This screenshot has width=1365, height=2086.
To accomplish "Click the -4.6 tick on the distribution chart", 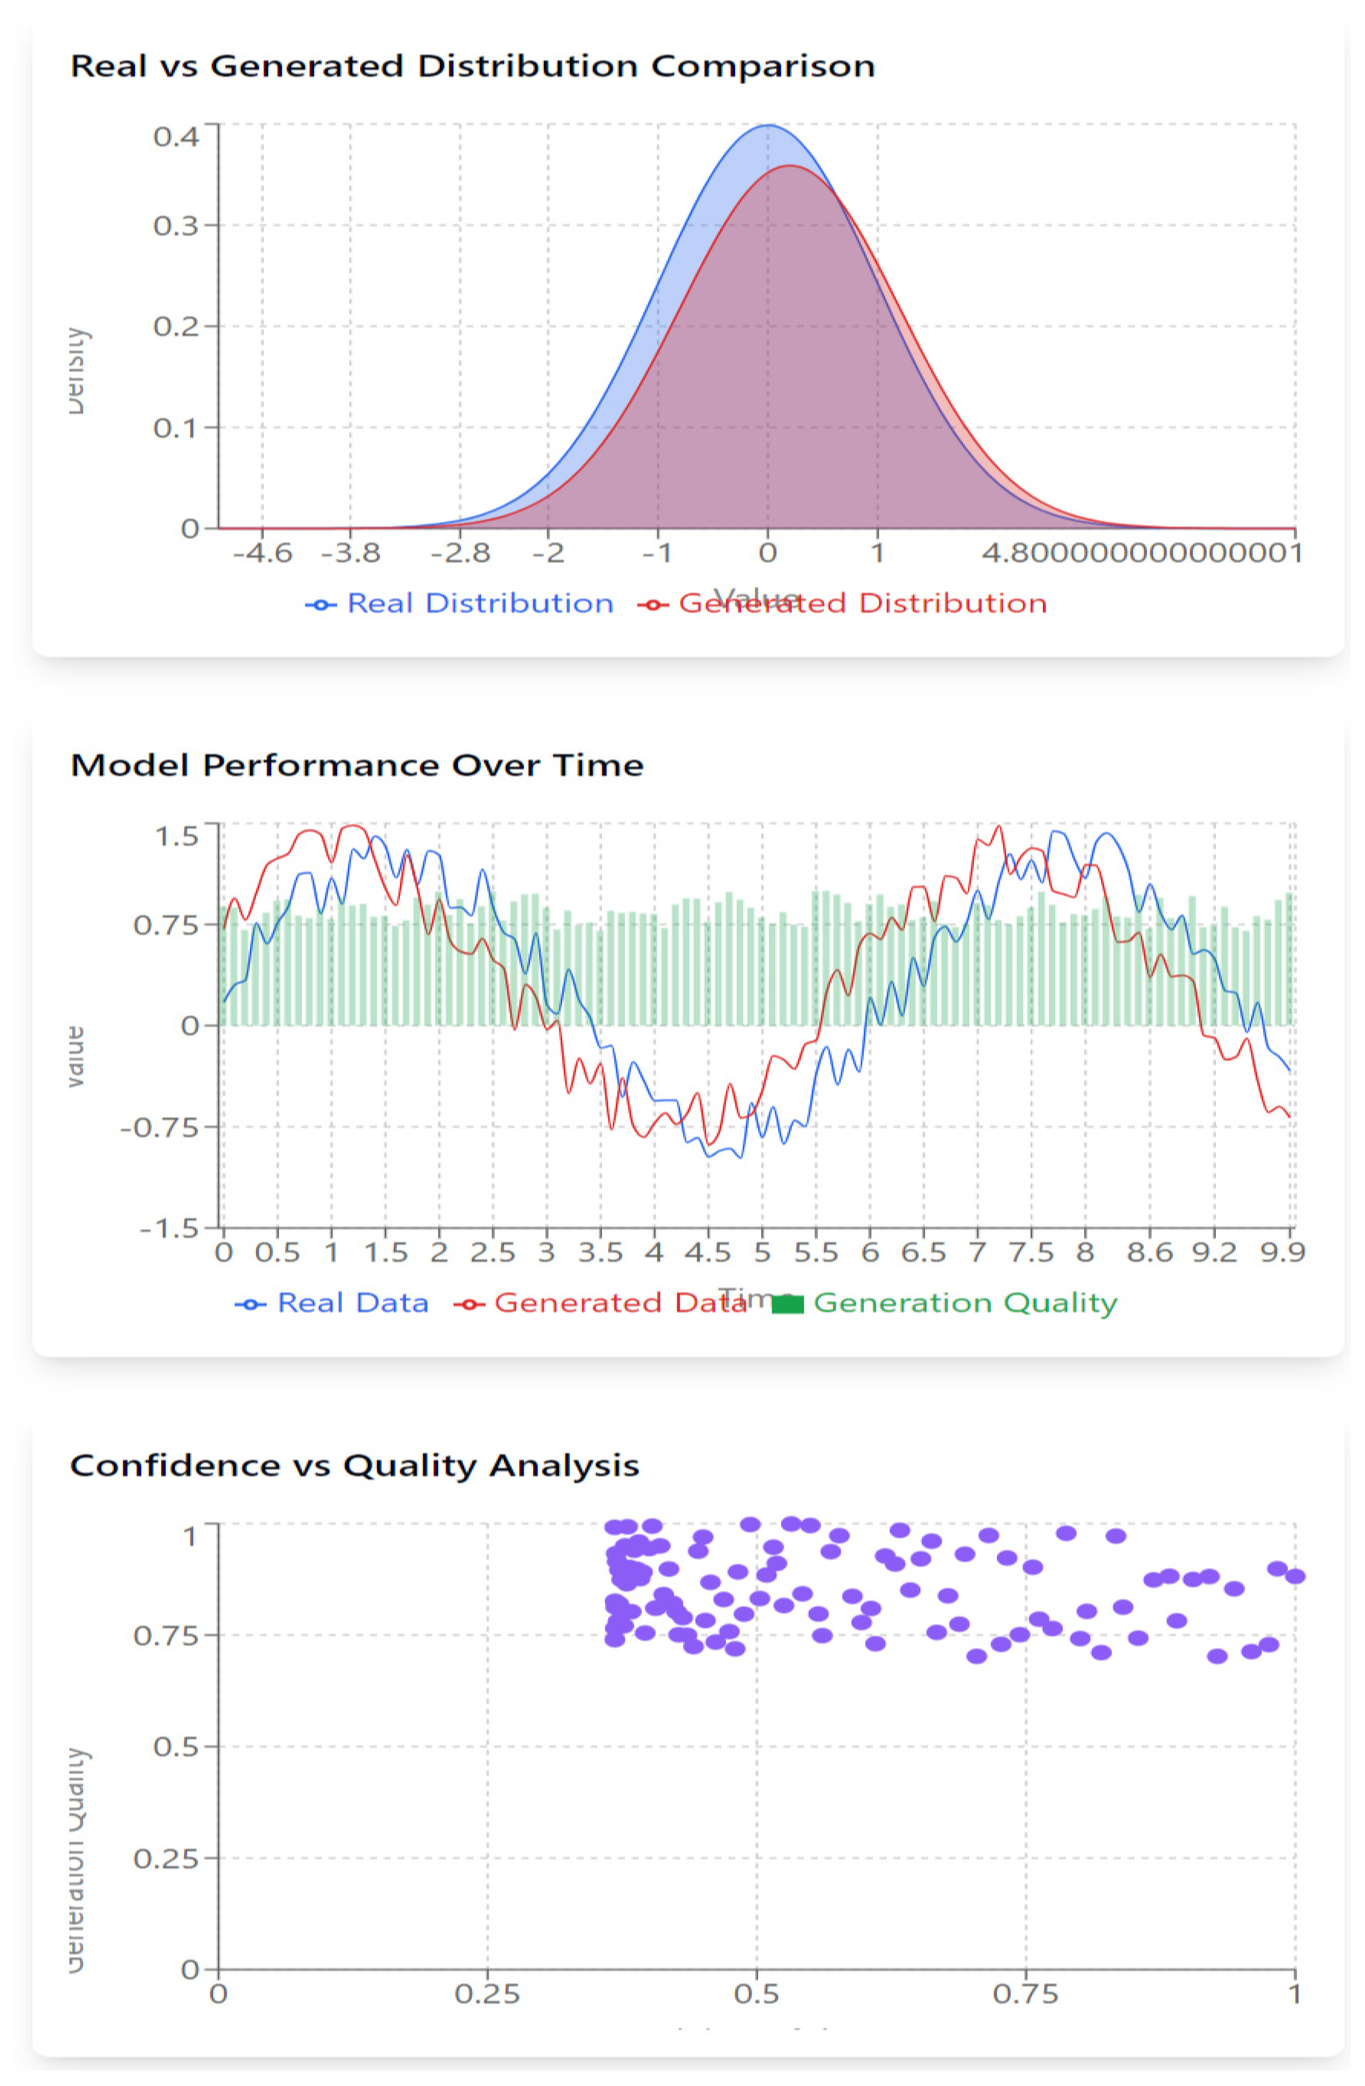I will (x=262, y=553).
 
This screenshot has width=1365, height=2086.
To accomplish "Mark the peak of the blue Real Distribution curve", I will (x=768, y=125).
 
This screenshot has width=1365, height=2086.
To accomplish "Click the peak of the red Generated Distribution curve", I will (x=789, y=166).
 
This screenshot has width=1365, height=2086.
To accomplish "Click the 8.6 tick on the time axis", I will (x=1149, y=1252).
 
